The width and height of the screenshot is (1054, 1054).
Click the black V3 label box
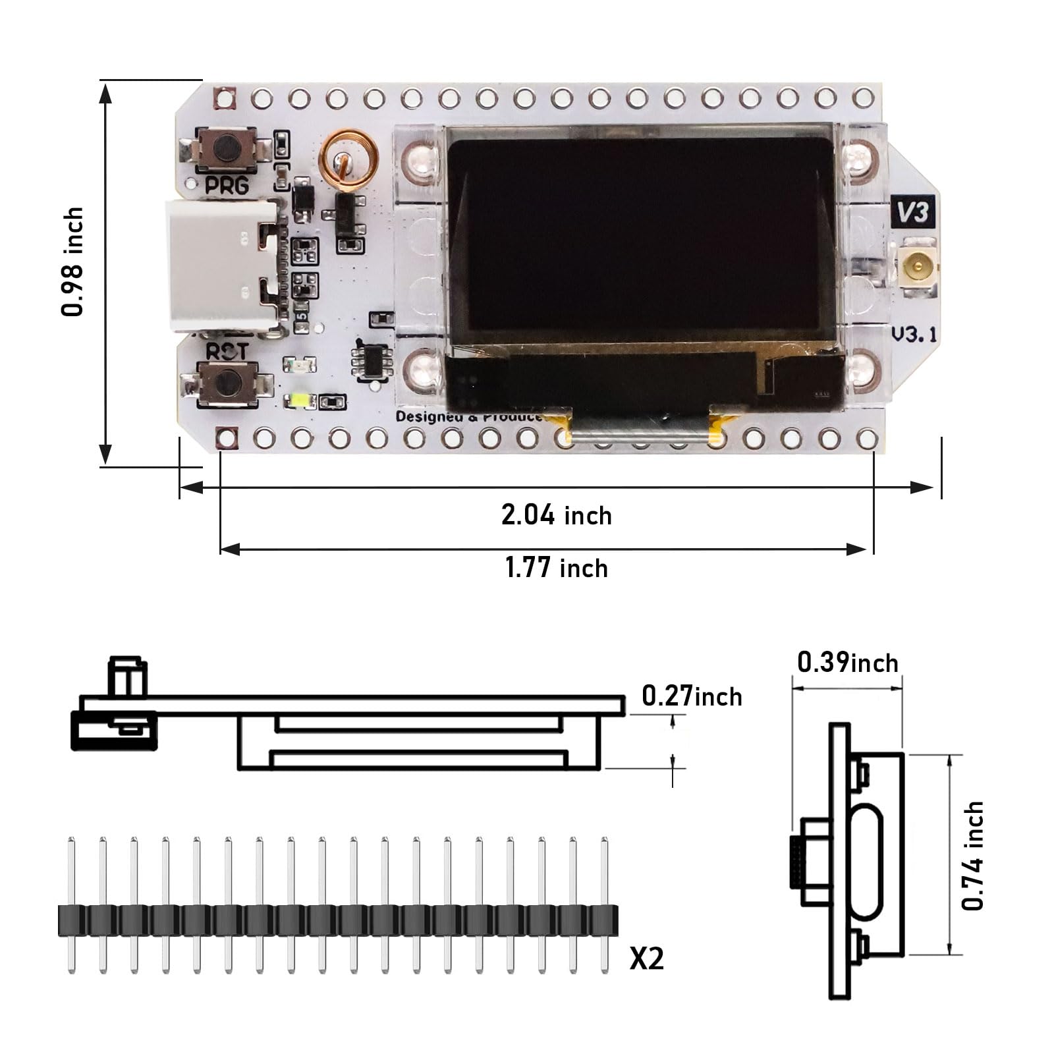coord(912,212)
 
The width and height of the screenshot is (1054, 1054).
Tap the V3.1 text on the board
coord(913,334)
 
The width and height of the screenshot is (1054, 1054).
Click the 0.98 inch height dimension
coord(73,262)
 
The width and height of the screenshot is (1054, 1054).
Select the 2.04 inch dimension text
coord(556,515)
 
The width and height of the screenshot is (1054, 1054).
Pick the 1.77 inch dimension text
coord(556,568)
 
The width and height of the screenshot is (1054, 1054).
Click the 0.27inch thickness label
coord(691,696)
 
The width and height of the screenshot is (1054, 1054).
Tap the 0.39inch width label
coord(847,663)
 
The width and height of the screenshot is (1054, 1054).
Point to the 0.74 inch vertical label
coord(972,856)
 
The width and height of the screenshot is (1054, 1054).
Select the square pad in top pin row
coord(224,99)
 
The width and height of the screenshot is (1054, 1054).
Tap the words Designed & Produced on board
coord(468,417)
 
